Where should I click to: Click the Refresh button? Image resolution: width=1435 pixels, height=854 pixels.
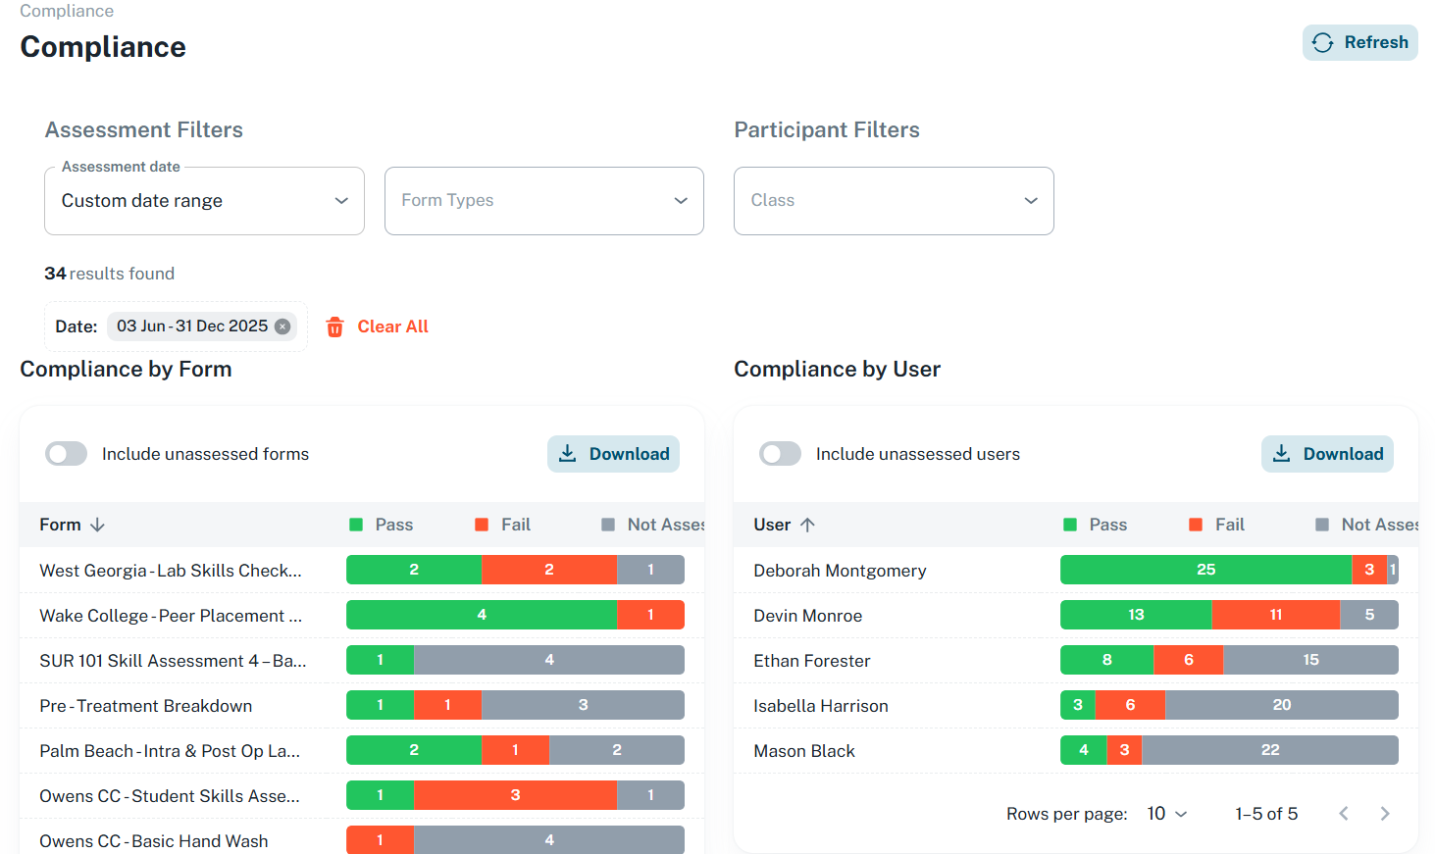pyautogui.click(x=1359, y=42)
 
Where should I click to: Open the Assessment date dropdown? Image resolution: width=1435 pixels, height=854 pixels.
pyautogui.click(x=204, y=201)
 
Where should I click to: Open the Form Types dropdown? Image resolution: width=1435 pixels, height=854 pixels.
pyautogui.click(x=543, y=201)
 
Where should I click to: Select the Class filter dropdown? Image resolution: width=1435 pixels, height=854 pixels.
pyautogui.click(x=893, y=201)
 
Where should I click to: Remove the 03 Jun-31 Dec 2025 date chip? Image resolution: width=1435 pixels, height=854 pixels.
pyautogui.click(x=282, y=327)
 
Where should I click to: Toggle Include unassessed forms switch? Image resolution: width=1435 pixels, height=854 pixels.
pyautogui.click(x=67, y=454)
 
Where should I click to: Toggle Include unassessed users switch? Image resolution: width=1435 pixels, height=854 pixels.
pyautogui.click(x=781, y=454)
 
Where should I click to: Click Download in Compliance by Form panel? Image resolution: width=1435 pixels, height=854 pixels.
pyautogui.click(x=613, y=454)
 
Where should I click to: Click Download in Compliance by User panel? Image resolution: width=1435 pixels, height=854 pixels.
pyautogui.click(x=1327, y=454)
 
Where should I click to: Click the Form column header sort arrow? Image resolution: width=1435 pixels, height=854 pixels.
pyautogui.click(x=97, y=525)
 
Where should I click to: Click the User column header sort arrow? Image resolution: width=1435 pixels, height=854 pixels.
pyautogui.click(x=807, y=525)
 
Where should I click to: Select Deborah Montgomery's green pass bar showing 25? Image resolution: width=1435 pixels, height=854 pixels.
pyautogui.click(x=1205, y=570)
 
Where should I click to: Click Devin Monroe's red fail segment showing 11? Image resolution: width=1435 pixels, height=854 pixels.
pyautogui.click(x=1275, y=615)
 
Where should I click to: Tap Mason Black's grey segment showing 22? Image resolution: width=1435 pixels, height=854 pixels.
pyautogui.click(x=1270, y=750)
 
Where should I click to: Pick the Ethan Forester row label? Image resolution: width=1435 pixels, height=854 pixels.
pyautogui.click(x=811, y=661)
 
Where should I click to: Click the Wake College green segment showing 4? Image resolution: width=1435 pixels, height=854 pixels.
pyautogui.click(x=482, y=615)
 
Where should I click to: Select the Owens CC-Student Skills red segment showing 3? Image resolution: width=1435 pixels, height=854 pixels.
pyautogui.click(x=515, y=795)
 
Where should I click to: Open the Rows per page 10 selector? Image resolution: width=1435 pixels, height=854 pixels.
pyautogui.click(x=1167, y=814)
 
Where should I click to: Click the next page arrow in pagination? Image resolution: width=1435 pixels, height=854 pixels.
pyautogui.click(x=1384, y=814)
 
